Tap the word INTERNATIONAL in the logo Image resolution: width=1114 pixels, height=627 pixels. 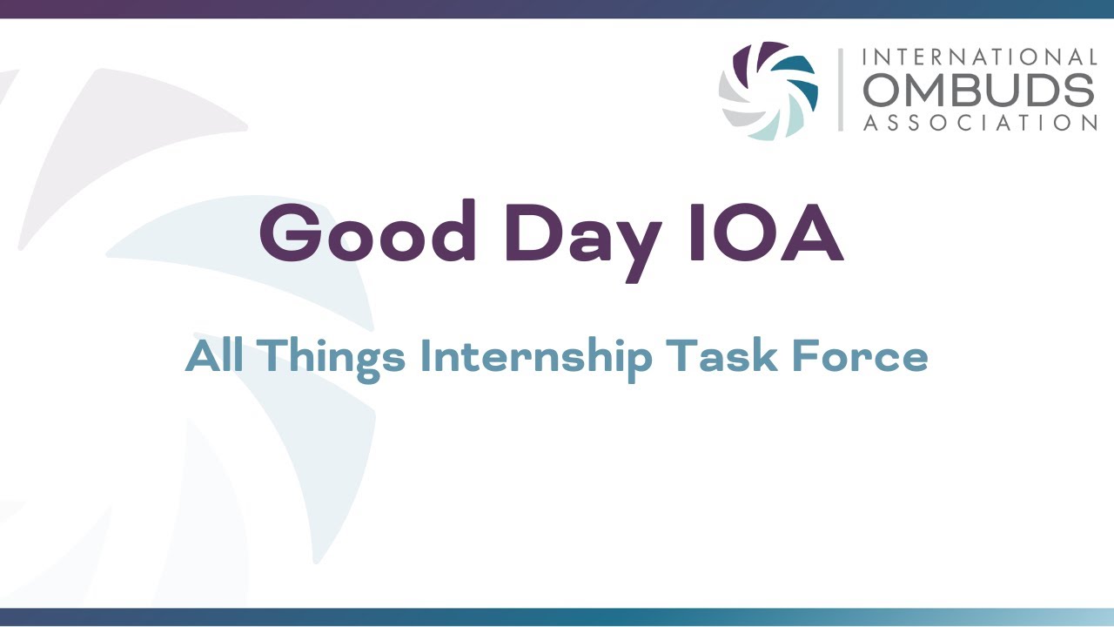pos(979,57)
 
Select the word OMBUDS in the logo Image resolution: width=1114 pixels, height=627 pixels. pos(979,91)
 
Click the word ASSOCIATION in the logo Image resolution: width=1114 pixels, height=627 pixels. pos(979,124)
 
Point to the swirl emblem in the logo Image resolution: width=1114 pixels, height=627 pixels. pos(768,91)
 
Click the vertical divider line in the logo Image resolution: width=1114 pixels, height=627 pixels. pos(841,91)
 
